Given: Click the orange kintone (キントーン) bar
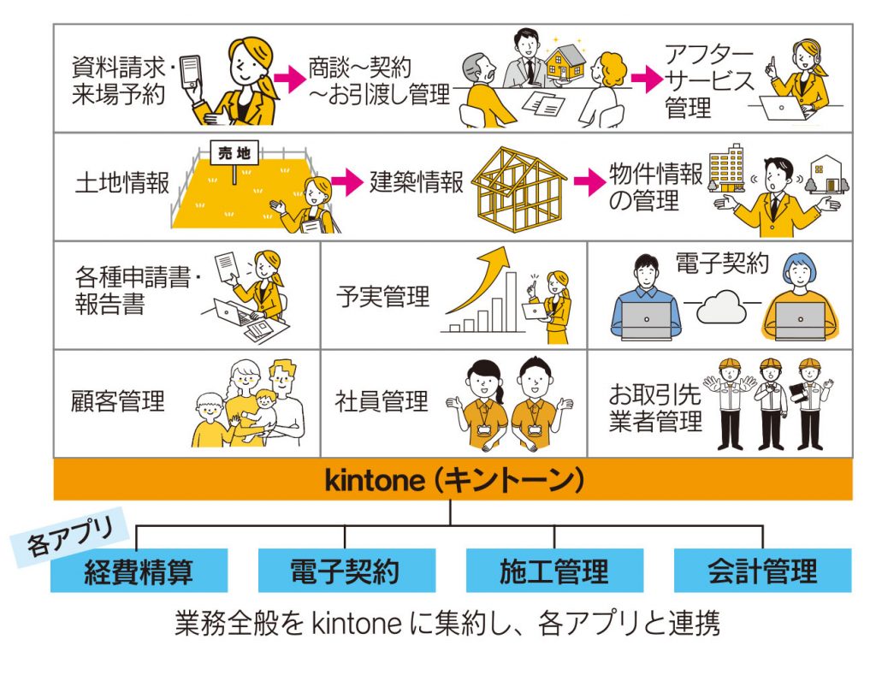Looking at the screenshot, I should click(453, 480).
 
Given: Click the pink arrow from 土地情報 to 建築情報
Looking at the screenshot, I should click(346, 181).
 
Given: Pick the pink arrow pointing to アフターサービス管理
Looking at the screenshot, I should click(647, 80).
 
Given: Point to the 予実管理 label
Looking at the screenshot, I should click(382, 298).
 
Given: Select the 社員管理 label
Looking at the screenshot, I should click(382, 400).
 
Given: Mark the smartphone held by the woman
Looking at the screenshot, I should click(191, 78).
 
